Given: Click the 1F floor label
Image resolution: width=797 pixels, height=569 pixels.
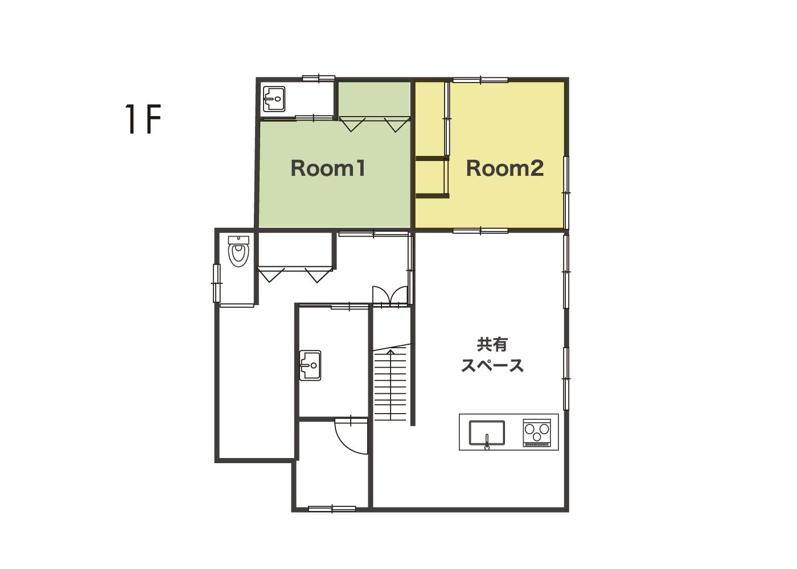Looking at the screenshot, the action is [x=143, y=119].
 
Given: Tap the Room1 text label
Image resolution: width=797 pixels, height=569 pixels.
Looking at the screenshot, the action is [x=328, y=168].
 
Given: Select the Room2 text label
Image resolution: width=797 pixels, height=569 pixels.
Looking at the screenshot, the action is [x=505, y=168].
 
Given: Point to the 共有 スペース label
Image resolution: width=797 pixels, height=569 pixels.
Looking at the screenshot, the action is [x=492, y=354].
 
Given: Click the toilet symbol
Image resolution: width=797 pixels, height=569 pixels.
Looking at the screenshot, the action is [x=239, y=251].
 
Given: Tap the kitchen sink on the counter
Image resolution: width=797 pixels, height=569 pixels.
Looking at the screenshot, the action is [x=487, y=434].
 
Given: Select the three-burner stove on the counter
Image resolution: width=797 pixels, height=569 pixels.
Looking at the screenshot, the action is [x=537, y=433].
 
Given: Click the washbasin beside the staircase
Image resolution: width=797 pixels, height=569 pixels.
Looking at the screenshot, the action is [x=310, y=365].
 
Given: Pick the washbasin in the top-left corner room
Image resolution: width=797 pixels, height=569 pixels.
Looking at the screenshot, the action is [x=274, y=99].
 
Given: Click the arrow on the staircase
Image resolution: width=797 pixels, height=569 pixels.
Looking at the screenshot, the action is [x=391, y=385].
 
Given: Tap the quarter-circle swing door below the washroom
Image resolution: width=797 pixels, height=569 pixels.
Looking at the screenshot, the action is [x=351, y=436].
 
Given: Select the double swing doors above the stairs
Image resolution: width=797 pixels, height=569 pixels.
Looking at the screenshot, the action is [x=390, y=296].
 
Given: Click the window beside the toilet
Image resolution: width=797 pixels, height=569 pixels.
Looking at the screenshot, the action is [x=217, y=283].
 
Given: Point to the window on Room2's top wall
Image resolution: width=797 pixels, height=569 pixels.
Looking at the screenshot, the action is [x=480, y=80].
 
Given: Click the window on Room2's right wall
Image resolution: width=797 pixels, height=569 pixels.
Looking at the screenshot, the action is [x=566, y=192].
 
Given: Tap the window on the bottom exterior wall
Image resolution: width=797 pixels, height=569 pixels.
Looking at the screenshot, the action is [x=332, y=509].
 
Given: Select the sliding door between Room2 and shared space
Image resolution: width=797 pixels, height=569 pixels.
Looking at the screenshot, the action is [x=480, y=231].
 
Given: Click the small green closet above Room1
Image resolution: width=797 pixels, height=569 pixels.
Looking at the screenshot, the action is [x=374, y=99].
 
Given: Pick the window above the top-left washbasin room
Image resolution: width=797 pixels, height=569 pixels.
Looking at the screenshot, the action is [x=318, y=78].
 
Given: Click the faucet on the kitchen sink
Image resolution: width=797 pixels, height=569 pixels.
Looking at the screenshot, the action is [x=487, y=442].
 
